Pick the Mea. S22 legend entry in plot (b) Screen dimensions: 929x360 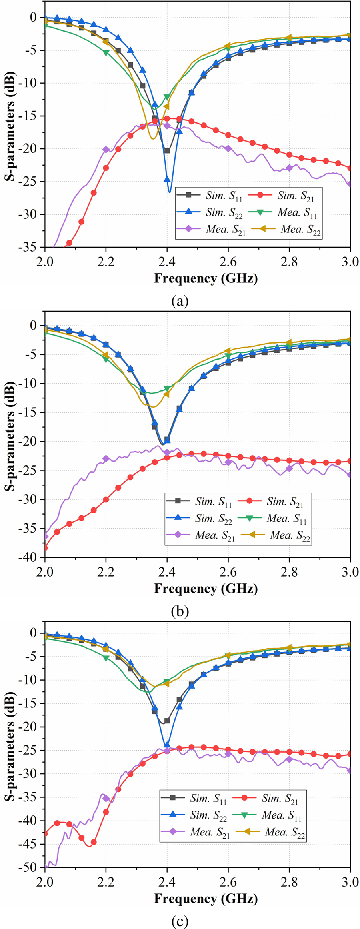coord(278,535)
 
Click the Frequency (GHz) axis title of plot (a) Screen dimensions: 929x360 coord(206,278)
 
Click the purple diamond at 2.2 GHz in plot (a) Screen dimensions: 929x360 coord(106,150)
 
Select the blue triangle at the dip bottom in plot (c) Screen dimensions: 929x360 coord(167,745)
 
